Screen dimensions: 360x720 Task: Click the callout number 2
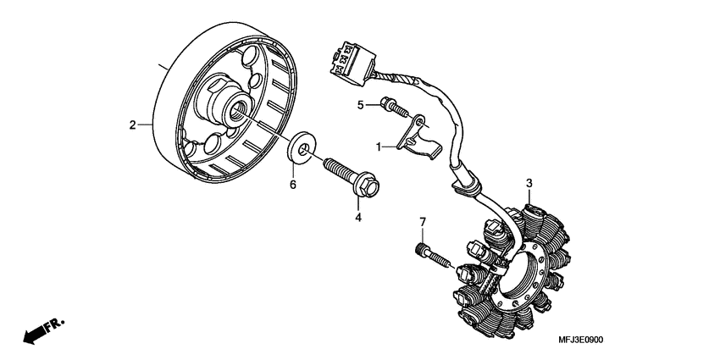pyautogui.click(x=132, y=125)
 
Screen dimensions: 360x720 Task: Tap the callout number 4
pyautogui.click(x=358, y=218)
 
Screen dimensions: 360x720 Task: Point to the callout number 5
pyautogui.click(x=359, y=105)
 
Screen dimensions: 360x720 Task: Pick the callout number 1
pyautogui.click(x=381, y=147)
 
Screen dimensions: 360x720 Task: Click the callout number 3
pyautogui.click(x=529, y=183)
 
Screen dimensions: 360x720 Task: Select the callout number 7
pyautogui.click(x=421, y=223)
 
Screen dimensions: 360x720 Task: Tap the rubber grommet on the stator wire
pyautogui.click(x=468, y=180)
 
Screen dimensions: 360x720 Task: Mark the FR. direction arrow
pyautogui.click(x=43, y=330)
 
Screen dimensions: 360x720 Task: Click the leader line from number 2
pyautogui.click(x=145, y=125)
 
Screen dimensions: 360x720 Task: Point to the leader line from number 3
pyautogui.click(x=529, y=195)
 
